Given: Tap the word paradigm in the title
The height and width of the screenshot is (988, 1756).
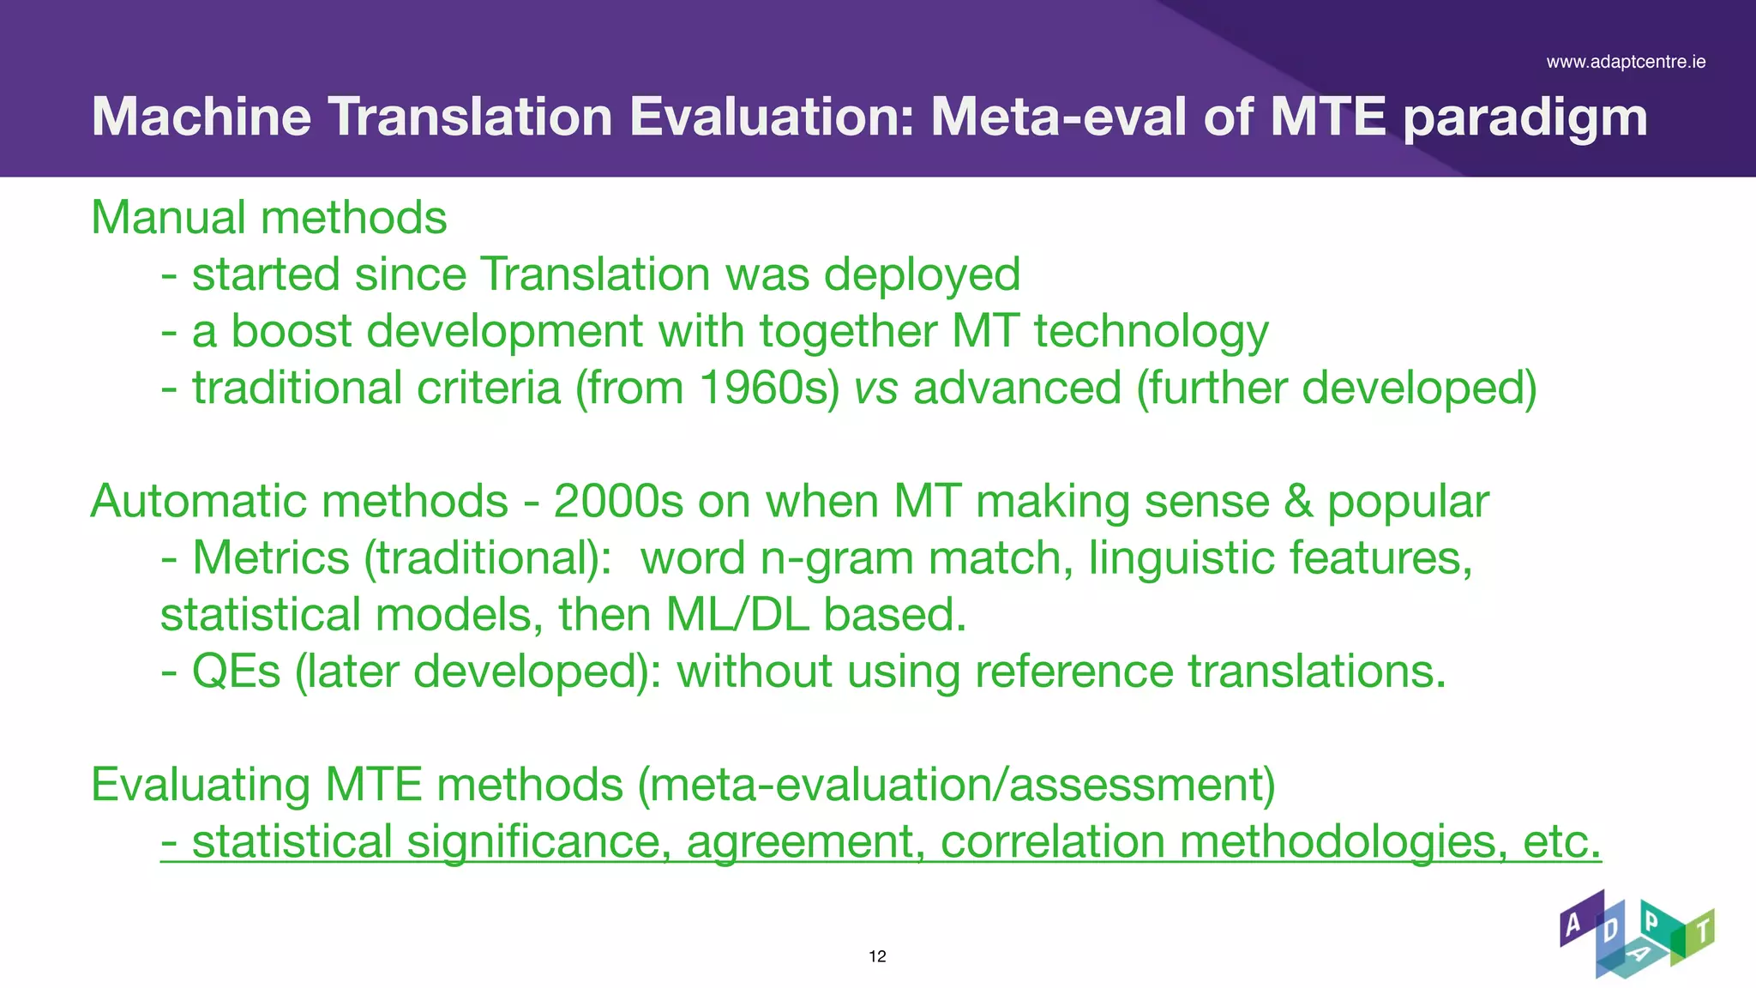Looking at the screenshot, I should (x=1525, y=118).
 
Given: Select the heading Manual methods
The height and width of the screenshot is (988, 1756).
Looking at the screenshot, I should (x=269, y=218).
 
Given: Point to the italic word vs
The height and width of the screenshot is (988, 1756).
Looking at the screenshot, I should (x=875, y=389).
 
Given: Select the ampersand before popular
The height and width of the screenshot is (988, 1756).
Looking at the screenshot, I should (x=1298, y=501).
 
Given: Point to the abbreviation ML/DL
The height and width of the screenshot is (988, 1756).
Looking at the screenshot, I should (x=737, y=615).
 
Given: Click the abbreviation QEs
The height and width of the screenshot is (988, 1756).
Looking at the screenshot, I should (x=236, y=672).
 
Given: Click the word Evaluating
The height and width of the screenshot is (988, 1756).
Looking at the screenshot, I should (x=201, y=785).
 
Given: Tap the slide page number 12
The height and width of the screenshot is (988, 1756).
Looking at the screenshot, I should (x=877, y=956).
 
